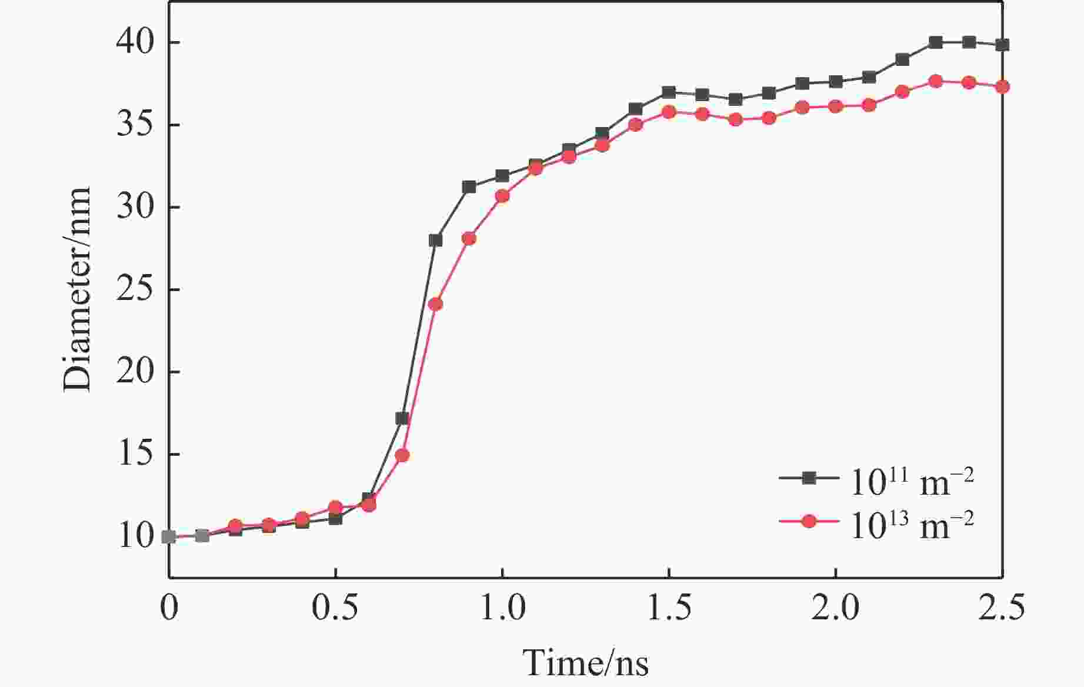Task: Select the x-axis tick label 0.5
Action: (335, 608)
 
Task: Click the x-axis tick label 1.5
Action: (669, 608)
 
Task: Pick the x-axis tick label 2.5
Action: (1002, 608)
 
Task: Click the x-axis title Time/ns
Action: (585, 663)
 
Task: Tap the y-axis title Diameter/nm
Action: (78, 289)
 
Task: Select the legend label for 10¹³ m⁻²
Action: (912, 525)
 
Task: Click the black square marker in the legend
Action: (809, 478)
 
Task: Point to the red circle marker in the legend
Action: (809, 521)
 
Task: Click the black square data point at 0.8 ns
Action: (435, 240)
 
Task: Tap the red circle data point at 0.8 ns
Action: (435, 304)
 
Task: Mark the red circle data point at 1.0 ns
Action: (502, 196)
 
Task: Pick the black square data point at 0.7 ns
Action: (402, 419)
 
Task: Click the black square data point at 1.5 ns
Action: (669, 92)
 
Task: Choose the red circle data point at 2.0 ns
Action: (835, 106)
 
